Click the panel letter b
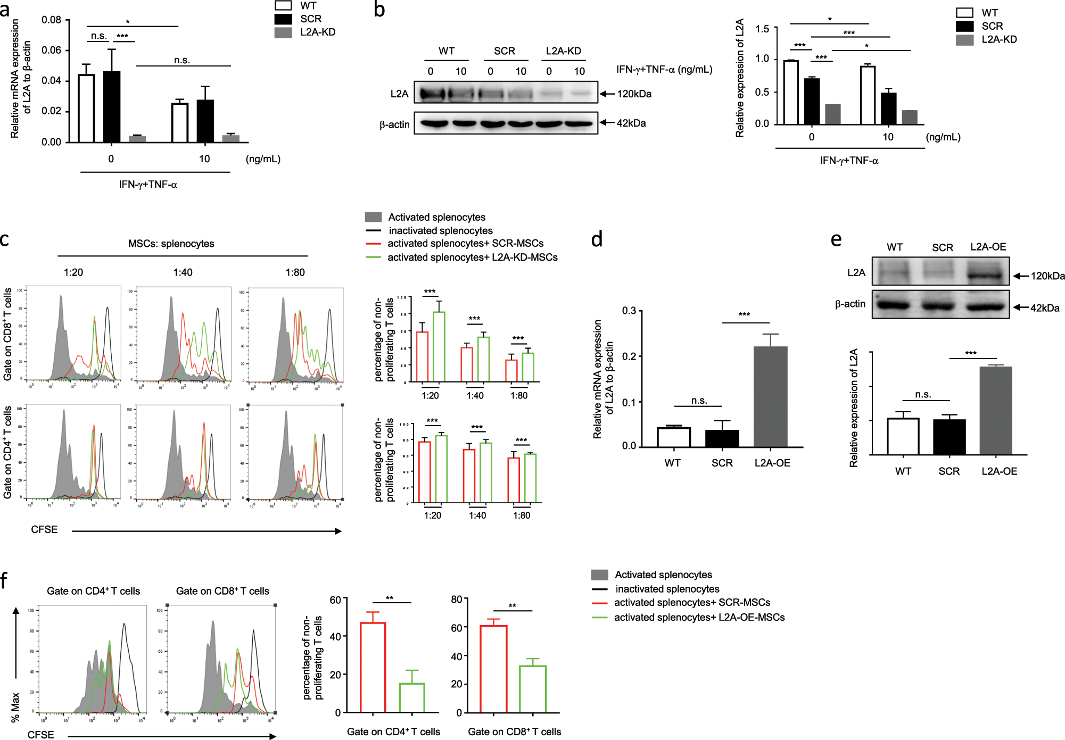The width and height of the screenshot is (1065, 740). pyautogui.click(x=379, y=10)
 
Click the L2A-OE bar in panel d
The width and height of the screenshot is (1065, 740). pyautogui.click(x=770, y=396)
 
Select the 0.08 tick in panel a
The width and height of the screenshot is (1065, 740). pyautogui.click(x=52, y=20)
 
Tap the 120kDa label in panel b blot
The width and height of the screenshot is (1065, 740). pyautogui.click(x=634, y=94)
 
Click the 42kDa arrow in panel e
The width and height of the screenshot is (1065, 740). pyautogui.click(x=1021, y=307)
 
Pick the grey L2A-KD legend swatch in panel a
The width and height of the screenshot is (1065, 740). pyautogui.click(x=283, y=33)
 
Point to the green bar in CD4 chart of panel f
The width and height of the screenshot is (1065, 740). pyautogui.click(x=411, y=697)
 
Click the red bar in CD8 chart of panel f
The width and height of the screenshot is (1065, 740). pyautogui.click(x=493, y=669)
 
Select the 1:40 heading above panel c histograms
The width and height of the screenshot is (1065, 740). pyautogui.click(x=183, y=272)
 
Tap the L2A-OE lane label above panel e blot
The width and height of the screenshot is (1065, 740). pyautogui.click(x=988, y=247)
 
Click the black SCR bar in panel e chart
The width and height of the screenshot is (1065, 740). pyautogui.click(x=949, y=437)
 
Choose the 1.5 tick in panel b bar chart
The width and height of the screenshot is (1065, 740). pyautogui.click(x=762, y=29)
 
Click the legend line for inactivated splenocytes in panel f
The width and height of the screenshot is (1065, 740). pyautogui.click(x=599, y=589)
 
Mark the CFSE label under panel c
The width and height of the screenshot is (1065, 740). pyautogui.click(x=44, y=529)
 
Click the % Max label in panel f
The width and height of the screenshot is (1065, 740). pyautogui.click(x=15, y=706)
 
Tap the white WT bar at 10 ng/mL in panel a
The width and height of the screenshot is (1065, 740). pyautogui.click(x=180, y=122)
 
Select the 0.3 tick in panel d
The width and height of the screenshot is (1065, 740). pyautogui.click(x=629, y=311)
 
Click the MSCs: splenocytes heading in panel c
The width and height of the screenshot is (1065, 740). pyautogui.click(x=171, y=244)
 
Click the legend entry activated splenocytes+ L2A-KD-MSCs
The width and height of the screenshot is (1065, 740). pyautogui.click(x=472, y=257)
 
